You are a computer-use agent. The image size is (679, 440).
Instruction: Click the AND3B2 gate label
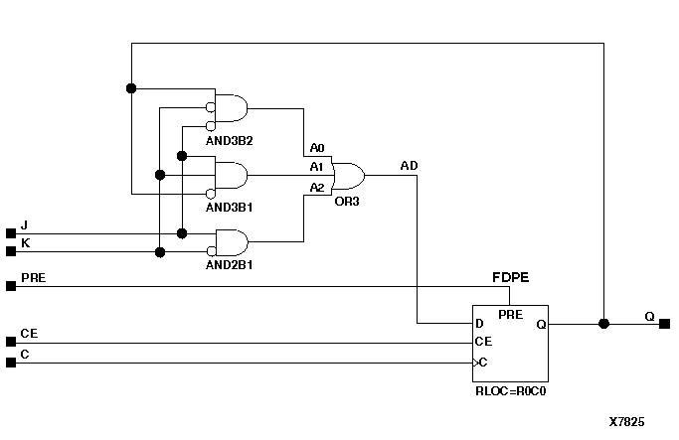click(x=230, y=139)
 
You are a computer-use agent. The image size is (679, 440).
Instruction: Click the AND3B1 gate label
click(x=230, y=209)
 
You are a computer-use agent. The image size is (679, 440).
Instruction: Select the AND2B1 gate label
click(x=230, y=266)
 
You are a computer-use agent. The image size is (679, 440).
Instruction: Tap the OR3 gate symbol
click(x=348, y=177)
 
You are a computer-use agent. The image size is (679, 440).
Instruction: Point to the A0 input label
click(x=316, y=148)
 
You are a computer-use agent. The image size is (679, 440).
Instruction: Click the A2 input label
click(x=316, y=187)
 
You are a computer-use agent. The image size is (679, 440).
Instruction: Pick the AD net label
click(x=409, y=164)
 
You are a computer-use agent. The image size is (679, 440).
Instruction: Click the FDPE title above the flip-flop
click(x=509, y=275)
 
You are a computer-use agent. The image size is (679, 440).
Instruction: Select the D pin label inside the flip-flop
click(x=480, y=324)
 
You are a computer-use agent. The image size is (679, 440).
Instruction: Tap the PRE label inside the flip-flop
click(x=510, y=315)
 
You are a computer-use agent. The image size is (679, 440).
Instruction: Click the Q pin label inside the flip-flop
click(x=541, y=324)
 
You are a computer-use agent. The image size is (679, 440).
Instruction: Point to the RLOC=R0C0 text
click(x=511, y=391)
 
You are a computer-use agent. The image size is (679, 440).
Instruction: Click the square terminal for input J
click(x=11, y=233)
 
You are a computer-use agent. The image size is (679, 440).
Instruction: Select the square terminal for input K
click(x=11, y=251)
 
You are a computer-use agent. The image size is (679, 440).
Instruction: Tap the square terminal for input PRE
click(x=11, y=286)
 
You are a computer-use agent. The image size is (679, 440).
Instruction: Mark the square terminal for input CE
click(x=11, y=344)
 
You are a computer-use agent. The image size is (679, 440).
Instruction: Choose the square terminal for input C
click(x=11, y=363)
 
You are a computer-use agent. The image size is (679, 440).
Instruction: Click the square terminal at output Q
click(x=664, y=324)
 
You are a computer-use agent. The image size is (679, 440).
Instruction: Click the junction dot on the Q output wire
click(x=603, y=324)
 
